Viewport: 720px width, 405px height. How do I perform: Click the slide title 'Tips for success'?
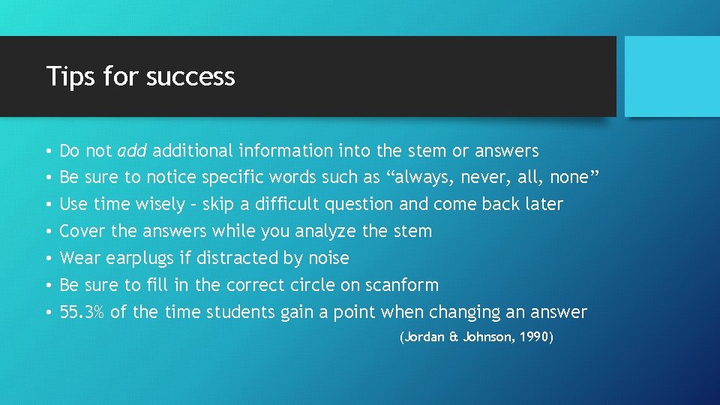pyautogui.click(x=140, y=76)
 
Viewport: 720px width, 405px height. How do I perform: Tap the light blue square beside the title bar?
pyautogui.click(x=672, y=76)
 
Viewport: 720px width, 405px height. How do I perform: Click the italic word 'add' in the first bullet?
pyautogui.click(x=133, y=151)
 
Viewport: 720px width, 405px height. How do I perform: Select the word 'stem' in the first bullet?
pyautogui.click(x=427, y=151)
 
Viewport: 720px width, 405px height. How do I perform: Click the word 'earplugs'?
pyautogui.click(x=139, y=259)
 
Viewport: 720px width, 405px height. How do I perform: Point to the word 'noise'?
pyautogui.click(x=328, y=259)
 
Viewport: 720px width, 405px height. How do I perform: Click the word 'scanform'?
pyautogui.click(x=402, y=285)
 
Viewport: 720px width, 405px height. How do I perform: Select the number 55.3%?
pyautogui.click(x=82, y=312)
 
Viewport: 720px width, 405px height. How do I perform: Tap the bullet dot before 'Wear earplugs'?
pyautogui.click(x=49, y=259)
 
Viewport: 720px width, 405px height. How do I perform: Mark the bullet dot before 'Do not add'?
pyautogui.click(x=49, y=151)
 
